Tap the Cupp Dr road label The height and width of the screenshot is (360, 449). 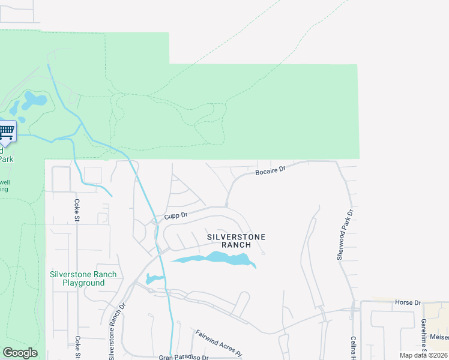click(176, 215)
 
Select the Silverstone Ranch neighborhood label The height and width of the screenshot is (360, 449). click(236, 241)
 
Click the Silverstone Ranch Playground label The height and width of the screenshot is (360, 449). click(83, 278)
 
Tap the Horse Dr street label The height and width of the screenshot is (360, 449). click(408, 302)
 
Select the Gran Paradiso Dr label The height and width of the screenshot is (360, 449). click(183, 357)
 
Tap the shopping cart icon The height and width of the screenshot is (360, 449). click(6, 131)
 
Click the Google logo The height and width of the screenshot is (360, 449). click(20, 353)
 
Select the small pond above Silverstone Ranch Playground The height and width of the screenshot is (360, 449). click(154, 279)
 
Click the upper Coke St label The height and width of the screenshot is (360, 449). click(77, 209)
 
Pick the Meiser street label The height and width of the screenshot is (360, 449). click(439, 337)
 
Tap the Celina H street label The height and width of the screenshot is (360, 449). click(354, 347)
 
